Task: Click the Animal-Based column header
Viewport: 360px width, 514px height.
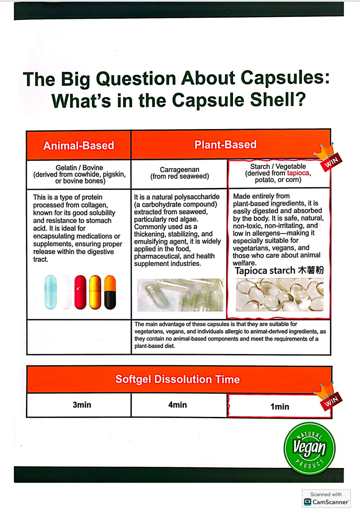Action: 79,145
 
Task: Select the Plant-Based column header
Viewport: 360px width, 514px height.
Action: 225,144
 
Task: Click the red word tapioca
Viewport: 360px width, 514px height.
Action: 298,173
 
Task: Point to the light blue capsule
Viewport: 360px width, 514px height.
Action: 51,292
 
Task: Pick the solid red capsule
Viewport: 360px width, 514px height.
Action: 80,292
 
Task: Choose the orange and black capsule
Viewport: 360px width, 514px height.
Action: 110,292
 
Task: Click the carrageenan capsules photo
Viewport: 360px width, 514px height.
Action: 180,295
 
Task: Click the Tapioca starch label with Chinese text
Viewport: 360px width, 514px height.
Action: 279,271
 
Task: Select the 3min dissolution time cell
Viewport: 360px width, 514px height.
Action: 82,405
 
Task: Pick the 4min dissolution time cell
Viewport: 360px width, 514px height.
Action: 177,405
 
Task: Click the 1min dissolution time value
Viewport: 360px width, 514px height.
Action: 279,407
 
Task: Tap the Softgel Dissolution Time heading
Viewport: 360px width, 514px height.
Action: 177,380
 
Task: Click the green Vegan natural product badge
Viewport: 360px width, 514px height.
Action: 309,448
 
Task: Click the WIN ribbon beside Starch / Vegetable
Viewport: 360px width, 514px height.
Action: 331,161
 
